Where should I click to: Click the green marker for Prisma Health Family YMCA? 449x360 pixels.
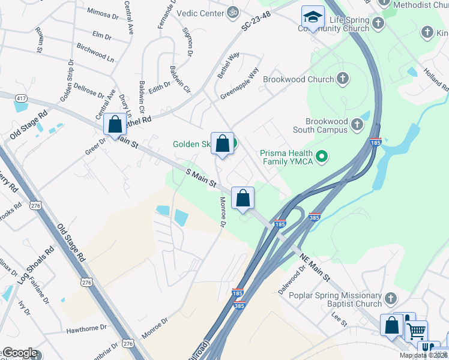point(322,157)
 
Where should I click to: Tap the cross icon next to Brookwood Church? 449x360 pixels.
point(343,79)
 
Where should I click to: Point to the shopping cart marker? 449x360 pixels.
point(415,330)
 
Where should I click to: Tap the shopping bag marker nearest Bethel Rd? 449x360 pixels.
point(115,124)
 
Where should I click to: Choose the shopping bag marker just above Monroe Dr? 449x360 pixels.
point(243,198)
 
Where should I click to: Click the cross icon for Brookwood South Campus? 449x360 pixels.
point(357,124)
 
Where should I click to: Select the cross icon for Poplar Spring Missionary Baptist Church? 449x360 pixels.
point(391,299)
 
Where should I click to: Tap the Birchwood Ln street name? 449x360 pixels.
point(95,52)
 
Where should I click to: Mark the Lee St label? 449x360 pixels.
point(340,319)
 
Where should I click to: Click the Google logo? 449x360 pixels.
point(20,353)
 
